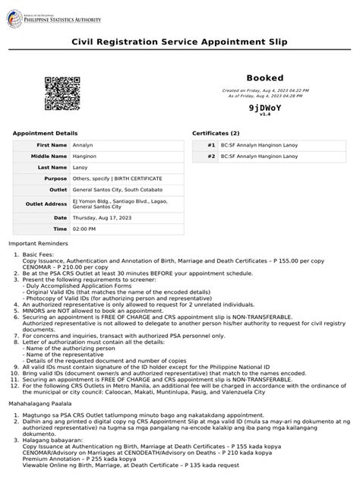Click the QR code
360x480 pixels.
pos(62,93)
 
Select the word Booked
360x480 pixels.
pos(264,78)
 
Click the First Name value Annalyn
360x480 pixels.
pos(83,144)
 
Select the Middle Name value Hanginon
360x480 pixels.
pos(85,155)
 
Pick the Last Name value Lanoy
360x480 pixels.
pos(80,166)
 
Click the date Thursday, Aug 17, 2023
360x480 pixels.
pos(103,217)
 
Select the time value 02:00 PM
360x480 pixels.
pos(84,229)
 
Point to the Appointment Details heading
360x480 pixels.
pos(45,133)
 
